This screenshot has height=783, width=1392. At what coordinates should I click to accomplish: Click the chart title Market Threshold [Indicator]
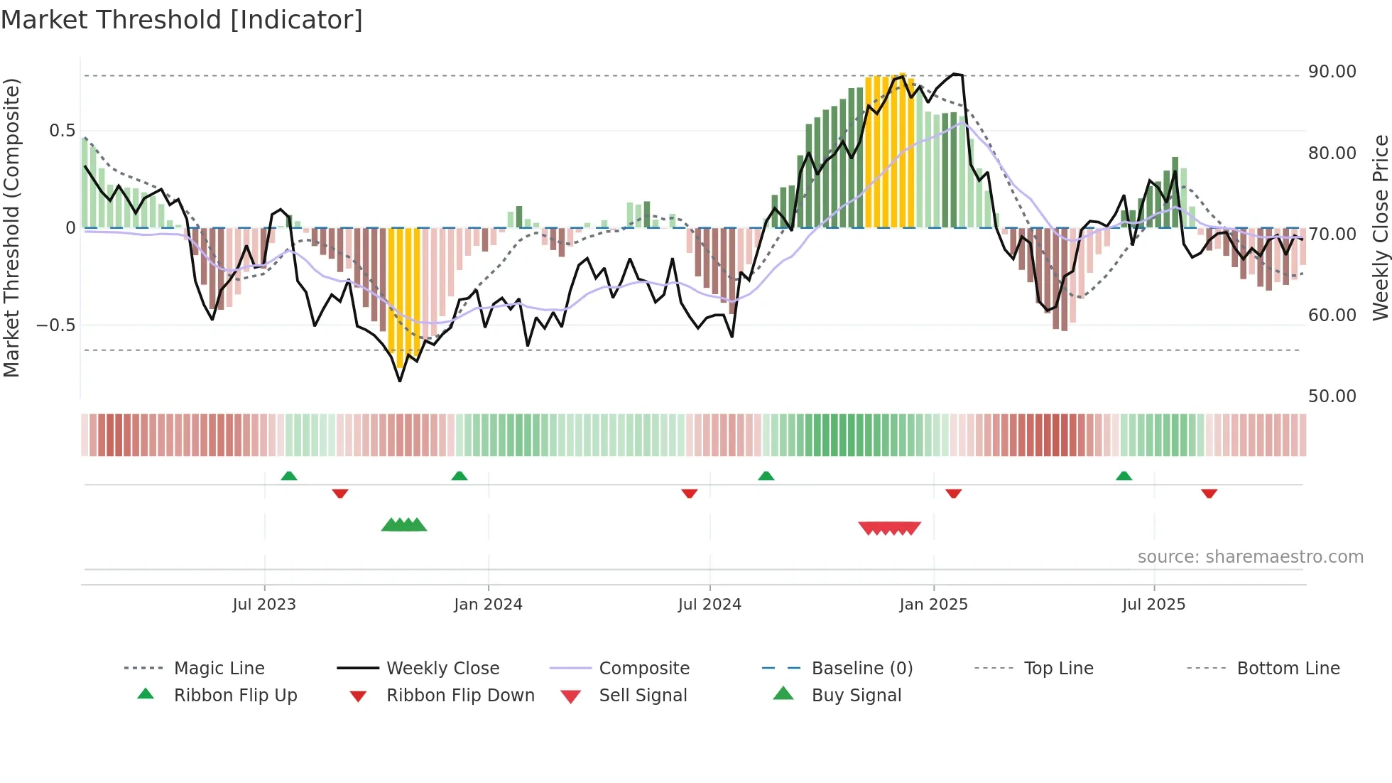click(182, 20)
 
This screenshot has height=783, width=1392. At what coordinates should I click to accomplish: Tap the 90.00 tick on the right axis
click(1332, 72)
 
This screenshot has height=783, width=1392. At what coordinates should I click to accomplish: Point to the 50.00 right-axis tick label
click(1332, 396)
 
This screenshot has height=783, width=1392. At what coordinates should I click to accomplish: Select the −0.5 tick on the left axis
click(55, 325)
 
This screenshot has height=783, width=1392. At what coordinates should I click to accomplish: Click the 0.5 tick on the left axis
click(62, 131)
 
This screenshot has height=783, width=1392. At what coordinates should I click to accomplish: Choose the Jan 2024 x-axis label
click(488, 605)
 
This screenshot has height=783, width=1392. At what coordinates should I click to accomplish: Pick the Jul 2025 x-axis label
click(1153, 605)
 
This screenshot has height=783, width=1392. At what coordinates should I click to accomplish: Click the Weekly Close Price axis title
click(1380, 227)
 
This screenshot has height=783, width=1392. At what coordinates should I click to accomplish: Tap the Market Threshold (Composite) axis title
click(11, 227)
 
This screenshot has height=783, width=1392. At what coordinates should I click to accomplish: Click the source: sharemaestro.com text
click(1250, 557)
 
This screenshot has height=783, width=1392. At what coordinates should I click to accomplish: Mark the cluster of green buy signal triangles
click(404, 525)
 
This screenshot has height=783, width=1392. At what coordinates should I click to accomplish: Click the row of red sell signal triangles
click(889, 528)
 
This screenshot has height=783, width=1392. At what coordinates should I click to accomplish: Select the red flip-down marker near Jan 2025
click(953, 493)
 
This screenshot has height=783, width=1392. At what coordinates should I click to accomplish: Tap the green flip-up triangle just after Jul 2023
click(288, 476)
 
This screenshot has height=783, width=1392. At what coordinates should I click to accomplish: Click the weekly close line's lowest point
click(400, 381)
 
